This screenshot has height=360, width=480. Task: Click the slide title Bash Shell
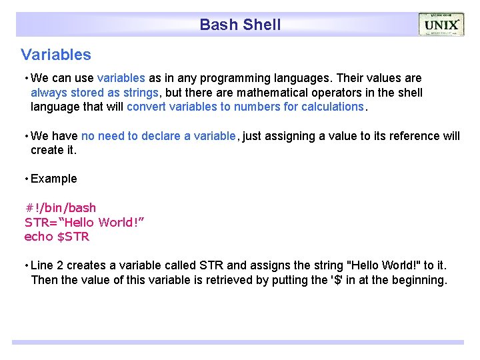[240, 25]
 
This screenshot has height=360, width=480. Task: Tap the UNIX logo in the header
[441, 25]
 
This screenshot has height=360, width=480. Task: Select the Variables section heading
[56, 55]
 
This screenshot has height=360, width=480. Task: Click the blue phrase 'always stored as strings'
[95, 93]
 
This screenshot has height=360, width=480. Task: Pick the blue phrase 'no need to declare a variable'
[159, 136]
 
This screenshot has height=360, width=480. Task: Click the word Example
[54, 179]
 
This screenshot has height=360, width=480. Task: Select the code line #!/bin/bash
[61, 208]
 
